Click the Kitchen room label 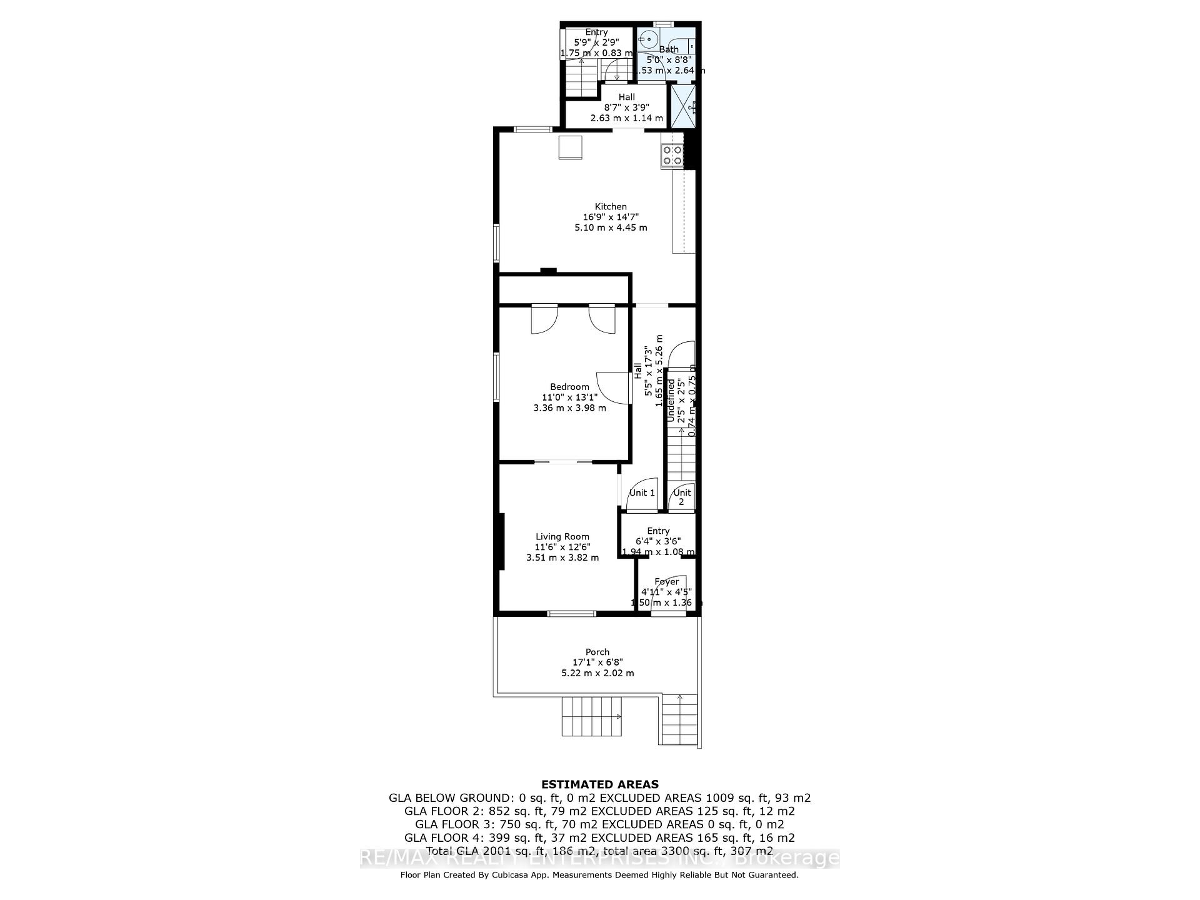[611, 206]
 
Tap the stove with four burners [672, 155]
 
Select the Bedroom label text [569, 387]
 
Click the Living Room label [562, 536]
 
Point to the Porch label [597, 652]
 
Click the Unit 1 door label [642, 492]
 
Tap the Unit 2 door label [682, 496]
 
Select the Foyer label [666, 581]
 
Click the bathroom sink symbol [648, 38]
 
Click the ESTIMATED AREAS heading [599, 784]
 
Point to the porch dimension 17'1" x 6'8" [597, 662]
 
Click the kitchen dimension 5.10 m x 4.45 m [611, 227]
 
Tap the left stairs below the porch [592, 716]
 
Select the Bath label [668, 49]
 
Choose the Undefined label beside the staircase [671, 400]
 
